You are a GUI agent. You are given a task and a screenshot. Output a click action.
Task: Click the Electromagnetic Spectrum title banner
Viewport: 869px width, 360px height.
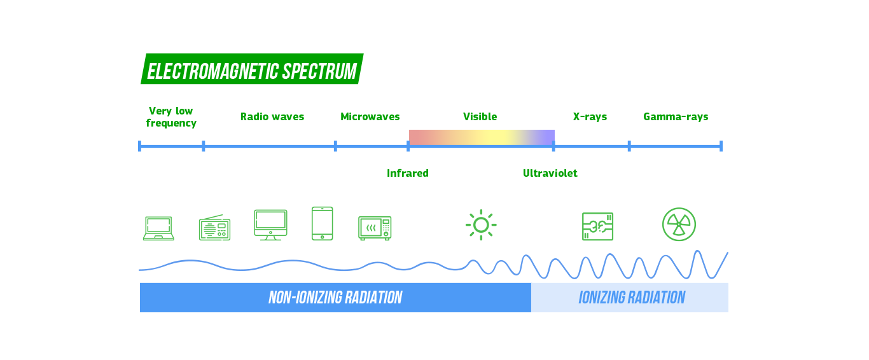(x=252, y=69)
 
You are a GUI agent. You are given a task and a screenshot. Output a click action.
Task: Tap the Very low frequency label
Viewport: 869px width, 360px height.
(x=171, y=117)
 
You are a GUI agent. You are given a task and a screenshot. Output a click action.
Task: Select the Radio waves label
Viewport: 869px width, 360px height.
(x=272, y=117)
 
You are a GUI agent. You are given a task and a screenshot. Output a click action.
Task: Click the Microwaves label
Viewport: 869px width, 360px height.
(x=370, y=117)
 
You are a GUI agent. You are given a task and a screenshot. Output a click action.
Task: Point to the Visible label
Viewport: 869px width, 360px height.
(x=480, y=117)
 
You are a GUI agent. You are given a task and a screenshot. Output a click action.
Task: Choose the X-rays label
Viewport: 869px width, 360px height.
(x=590, y=117)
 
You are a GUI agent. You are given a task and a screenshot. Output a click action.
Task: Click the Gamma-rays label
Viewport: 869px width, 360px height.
(x=676, y=117)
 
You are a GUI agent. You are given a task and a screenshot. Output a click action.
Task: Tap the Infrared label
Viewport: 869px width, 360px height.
(x=408, y=173)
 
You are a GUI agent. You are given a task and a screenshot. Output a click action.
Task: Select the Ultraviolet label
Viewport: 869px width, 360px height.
(x=550, y=173)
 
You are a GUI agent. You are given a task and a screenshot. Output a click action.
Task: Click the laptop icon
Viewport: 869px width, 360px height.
(x=158, y=228)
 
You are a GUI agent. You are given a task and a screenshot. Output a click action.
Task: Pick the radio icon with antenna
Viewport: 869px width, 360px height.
(x=214, y=228)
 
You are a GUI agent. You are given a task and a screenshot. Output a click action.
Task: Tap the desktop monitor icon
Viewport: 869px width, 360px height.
(x=270, y=225)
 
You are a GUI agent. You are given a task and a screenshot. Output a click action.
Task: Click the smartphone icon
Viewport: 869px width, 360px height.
(x=323, y=223)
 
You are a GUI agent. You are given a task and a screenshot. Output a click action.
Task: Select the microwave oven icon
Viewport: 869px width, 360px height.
(x=375, y=228)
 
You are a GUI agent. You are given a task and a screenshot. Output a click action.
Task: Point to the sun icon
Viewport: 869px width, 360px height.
(x=481, y=225)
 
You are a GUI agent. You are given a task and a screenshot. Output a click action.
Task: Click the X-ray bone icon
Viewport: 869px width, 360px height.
(x=598, y=226)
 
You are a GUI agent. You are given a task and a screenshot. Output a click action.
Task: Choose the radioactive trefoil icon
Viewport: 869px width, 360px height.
(x=679, y=225)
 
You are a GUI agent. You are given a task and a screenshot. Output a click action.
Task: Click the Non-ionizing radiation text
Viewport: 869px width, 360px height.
(x=335, y=298)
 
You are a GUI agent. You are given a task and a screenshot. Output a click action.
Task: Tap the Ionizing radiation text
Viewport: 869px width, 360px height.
(x=632, y=298)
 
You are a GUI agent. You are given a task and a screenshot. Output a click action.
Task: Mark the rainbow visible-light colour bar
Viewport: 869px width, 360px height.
(x=482, y=137)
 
